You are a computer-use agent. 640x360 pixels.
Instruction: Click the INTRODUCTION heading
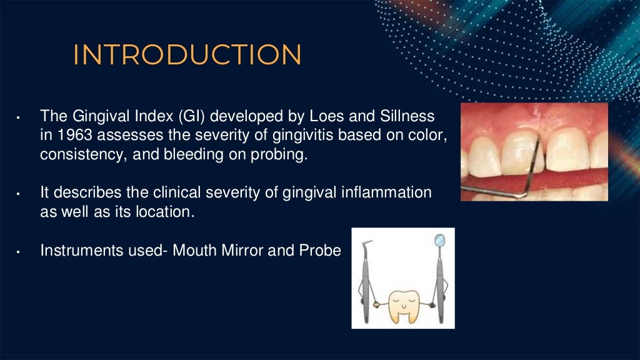[187, 55]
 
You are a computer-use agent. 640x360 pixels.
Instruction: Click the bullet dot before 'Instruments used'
[19, 252]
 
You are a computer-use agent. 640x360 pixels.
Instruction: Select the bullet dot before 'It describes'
[19, 194]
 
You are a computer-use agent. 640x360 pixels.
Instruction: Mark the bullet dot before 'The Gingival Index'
[19, 118]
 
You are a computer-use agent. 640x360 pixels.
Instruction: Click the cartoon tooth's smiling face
[403, 304]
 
